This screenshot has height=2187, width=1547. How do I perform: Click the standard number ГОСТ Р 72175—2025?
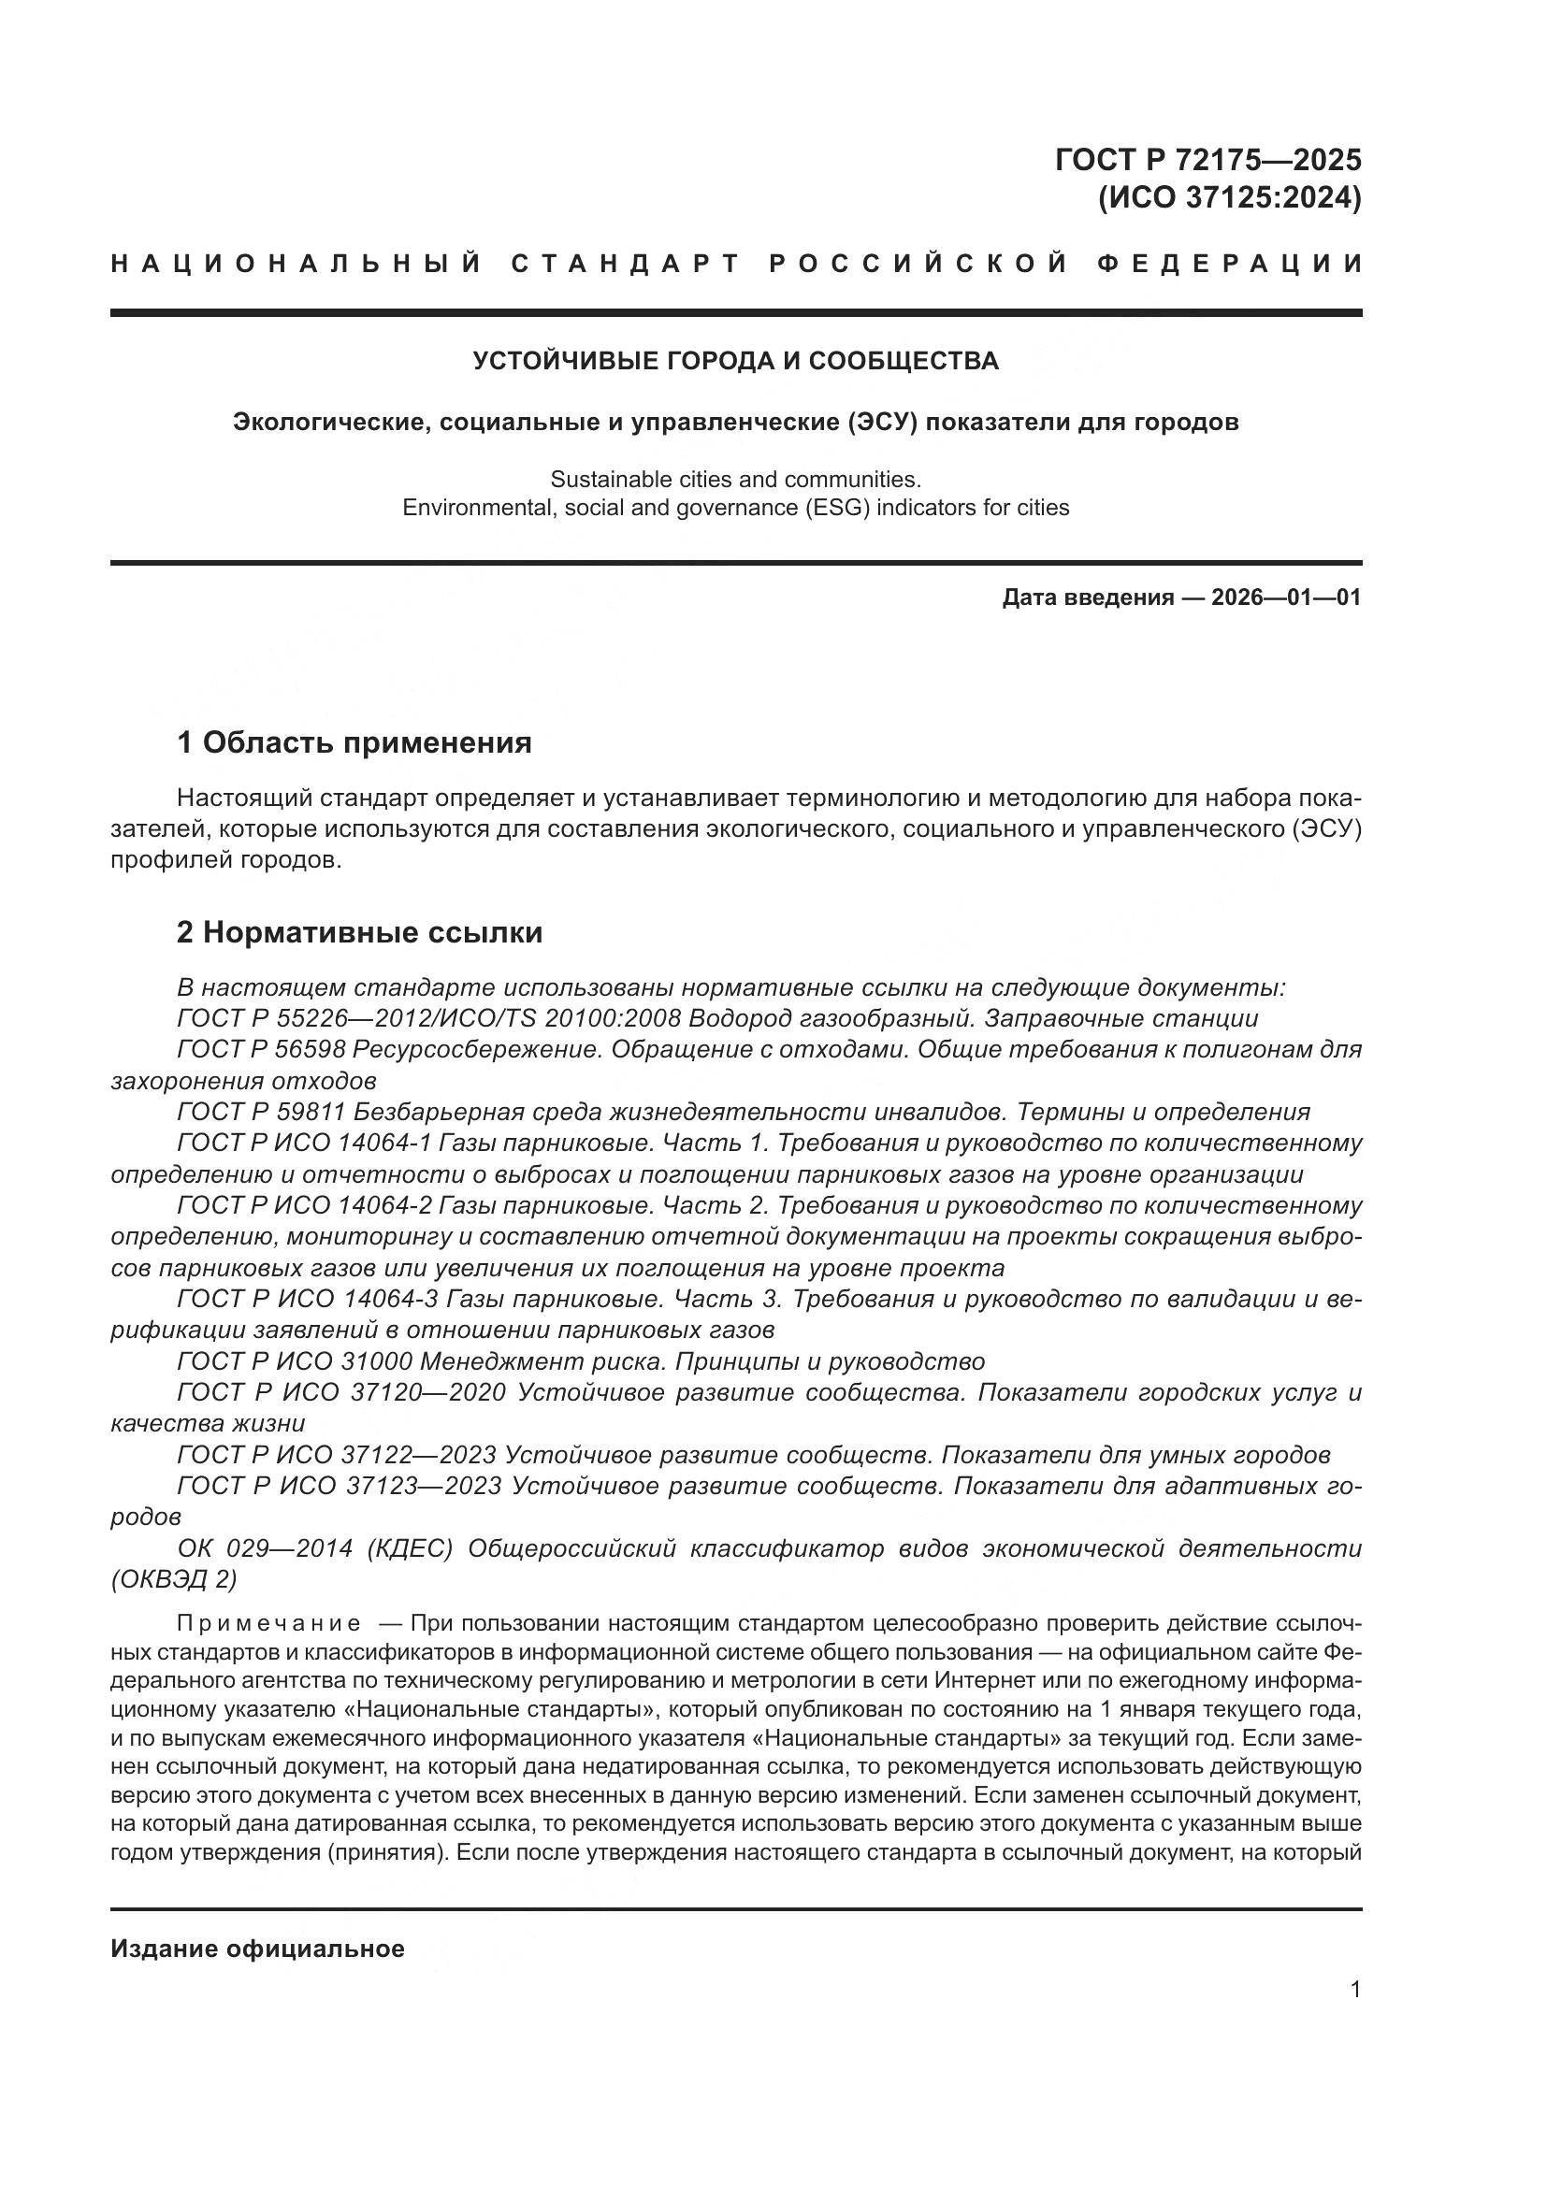(1207, 159)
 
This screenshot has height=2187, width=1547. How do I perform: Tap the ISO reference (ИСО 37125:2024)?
(1229, 198)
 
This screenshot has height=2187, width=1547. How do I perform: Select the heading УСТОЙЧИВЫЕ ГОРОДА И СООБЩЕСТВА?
(735, 361)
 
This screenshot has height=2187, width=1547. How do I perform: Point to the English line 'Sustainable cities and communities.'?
(735, 479)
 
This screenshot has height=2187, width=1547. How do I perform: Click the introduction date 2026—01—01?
(1286, 597)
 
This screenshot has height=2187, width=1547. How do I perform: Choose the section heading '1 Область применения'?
(354, 742)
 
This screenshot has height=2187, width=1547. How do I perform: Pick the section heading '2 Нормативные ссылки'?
(359, 931)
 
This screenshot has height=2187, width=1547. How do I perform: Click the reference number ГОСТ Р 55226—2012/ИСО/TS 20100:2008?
(428, 1018)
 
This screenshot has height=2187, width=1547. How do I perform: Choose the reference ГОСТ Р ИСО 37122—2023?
(337, 1456)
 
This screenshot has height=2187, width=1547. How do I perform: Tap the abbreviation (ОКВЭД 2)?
(173, 1579)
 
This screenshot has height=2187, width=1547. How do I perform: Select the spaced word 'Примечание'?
(268, 1623)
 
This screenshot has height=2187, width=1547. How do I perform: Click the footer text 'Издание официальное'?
(257, 1949)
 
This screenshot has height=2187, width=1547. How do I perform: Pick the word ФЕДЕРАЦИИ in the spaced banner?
(1229, 263)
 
